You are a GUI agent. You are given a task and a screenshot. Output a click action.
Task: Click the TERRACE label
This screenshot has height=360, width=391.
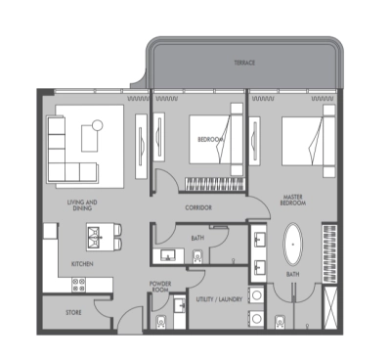tap(244, 62)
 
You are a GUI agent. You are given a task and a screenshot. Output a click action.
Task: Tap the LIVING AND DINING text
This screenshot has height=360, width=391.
tap(82, 206)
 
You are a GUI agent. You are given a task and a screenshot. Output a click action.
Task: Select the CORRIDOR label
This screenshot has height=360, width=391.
tap(198, 208)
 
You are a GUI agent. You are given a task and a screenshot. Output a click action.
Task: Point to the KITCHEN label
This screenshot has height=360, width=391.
tap(81, 263)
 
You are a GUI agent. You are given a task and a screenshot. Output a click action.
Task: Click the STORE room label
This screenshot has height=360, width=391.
tap(72, 313)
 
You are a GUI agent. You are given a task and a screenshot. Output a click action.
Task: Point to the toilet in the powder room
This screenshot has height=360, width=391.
tap(179, 307)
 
